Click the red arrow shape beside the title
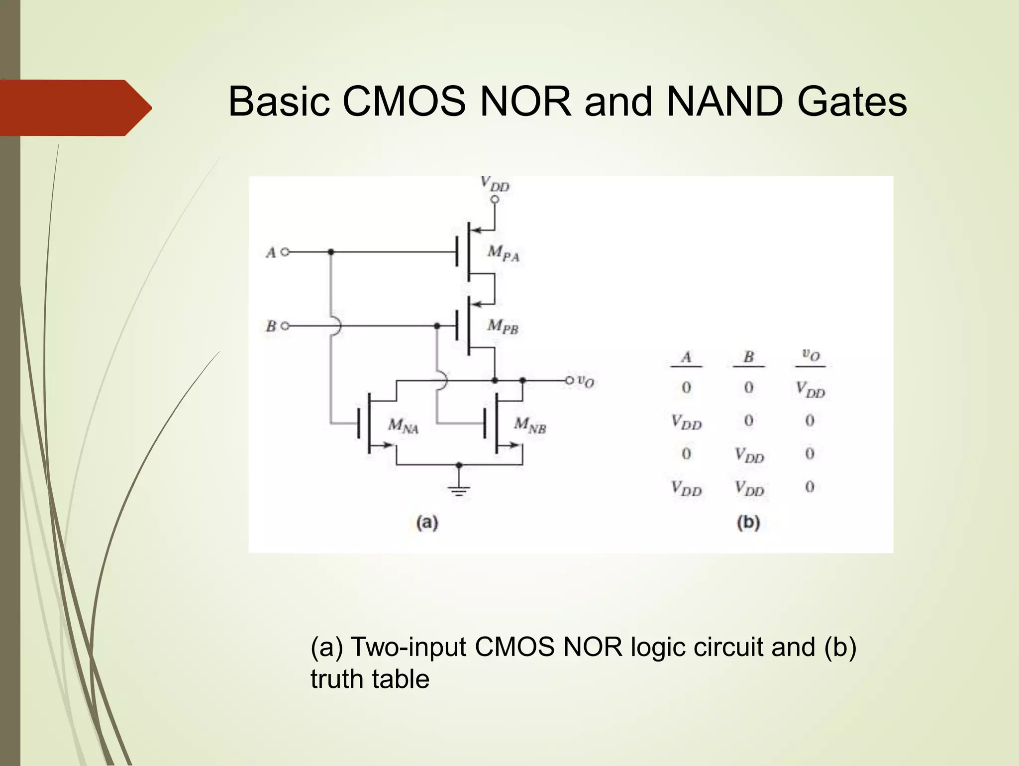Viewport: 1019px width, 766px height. (75, 108)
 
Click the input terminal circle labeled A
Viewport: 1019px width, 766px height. (285, 252)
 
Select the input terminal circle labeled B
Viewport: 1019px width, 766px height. (285, 326)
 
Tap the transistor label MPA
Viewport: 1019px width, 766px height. (503, 253)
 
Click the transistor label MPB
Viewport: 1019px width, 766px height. (503, 327)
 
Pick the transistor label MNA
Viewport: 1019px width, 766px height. (403, 426)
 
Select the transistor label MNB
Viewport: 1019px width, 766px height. (530, 426)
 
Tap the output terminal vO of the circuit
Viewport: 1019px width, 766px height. (570, 381)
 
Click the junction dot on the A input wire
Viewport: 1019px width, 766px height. (331, 252)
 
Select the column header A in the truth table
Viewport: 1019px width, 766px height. (686, 357)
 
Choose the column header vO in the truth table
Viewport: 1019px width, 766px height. (810, 355)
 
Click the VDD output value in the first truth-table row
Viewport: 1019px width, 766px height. (810, 389)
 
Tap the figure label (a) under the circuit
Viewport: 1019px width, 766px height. (427, 522)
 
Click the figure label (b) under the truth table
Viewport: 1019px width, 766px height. (748, 522)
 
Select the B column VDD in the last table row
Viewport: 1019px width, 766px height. (749, 488)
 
